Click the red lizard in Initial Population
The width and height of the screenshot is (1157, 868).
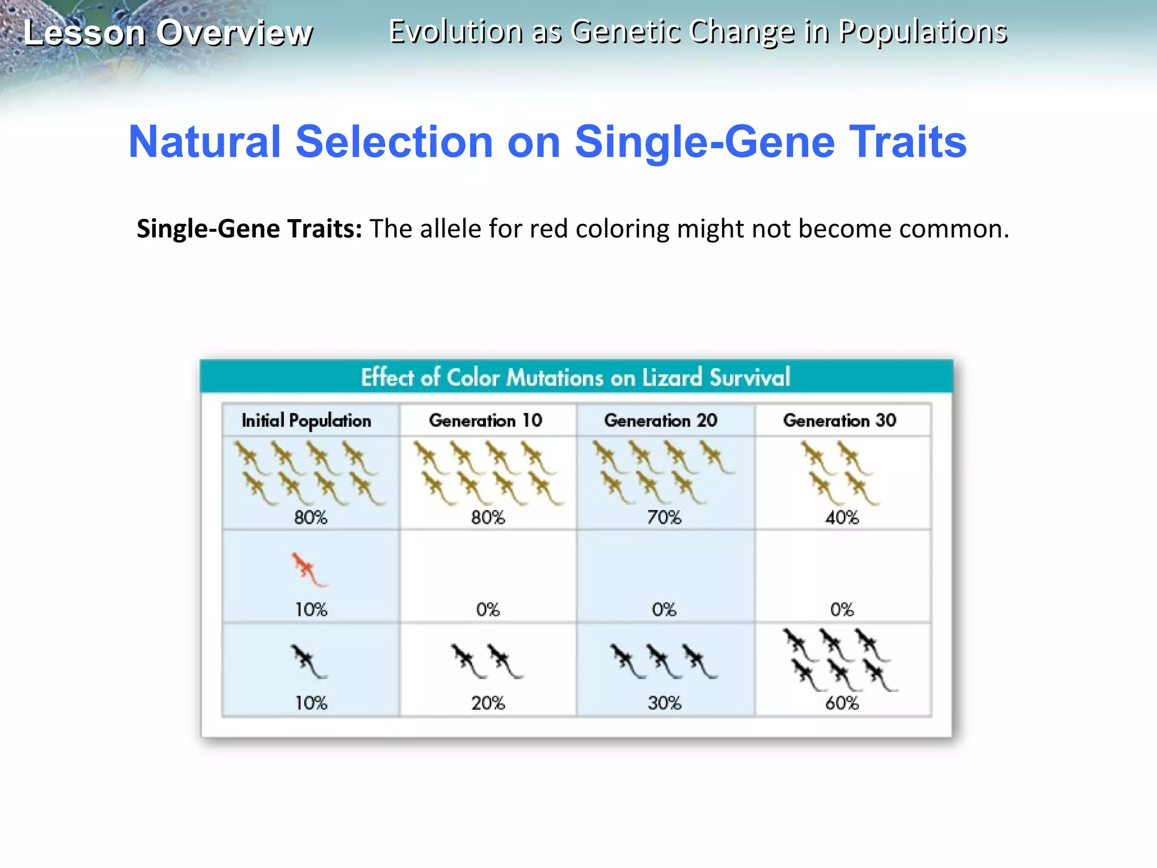(x=308, y=568)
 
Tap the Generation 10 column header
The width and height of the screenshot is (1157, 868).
(x=485, y=420)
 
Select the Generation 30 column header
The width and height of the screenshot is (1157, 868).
(x=840, y=420)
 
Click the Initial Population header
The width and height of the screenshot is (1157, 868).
(x=306, y=421)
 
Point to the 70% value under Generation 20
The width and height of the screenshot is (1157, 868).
(x=664, y=517)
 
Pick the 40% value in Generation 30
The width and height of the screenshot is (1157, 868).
(x=842, y=517)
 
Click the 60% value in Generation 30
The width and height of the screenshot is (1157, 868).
(x=842, y=703)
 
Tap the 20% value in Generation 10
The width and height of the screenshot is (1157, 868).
(x=488, y=703)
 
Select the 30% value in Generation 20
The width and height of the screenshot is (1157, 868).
(x=664, y=703)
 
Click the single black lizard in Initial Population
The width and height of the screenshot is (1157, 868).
(x=308, y=660)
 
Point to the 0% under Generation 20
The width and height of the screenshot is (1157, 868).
(x=664, y=610)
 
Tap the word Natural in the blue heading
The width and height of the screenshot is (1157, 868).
(x=205, y=141)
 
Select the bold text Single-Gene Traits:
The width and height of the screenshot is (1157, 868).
(x=249, y=229)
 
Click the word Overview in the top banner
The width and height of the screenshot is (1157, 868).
(x=234, y=33)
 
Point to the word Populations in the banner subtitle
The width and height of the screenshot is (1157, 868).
(x=923, y=32)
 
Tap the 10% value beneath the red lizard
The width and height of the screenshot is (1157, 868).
(x=311, y=610)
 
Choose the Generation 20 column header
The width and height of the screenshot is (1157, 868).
(x=660, y=420)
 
